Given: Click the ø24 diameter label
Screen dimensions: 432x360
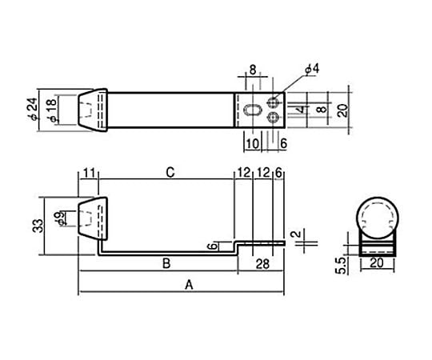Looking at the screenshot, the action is (x=34, y=110).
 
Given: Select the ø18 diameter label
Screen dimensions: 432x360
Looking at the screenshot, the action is (x=52, y=110).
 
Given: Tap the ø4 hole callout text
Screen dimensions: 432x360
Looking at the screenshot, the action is (x=312, y=69).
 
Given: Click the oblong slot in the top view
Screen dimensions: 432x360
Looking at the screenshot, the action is (x=252, y=110).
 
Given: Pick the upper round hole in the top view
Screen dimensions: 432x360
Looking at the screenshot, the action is (x=273, y=102).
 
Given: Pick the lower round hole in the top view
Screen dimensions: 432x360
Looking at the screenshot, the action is (x=273, y=118).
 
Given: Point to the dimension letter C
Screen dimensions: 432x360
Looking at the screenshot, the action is (x=170, y=173).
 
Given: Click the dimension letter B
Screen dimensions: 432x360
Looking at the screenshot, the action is (x=166, y=263).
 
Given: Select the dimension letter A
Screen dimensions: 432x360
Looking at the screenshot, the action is (x=189, y=285).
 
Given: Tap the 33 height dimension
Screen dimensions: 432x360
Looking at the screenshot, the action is (x=38, y=226).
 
